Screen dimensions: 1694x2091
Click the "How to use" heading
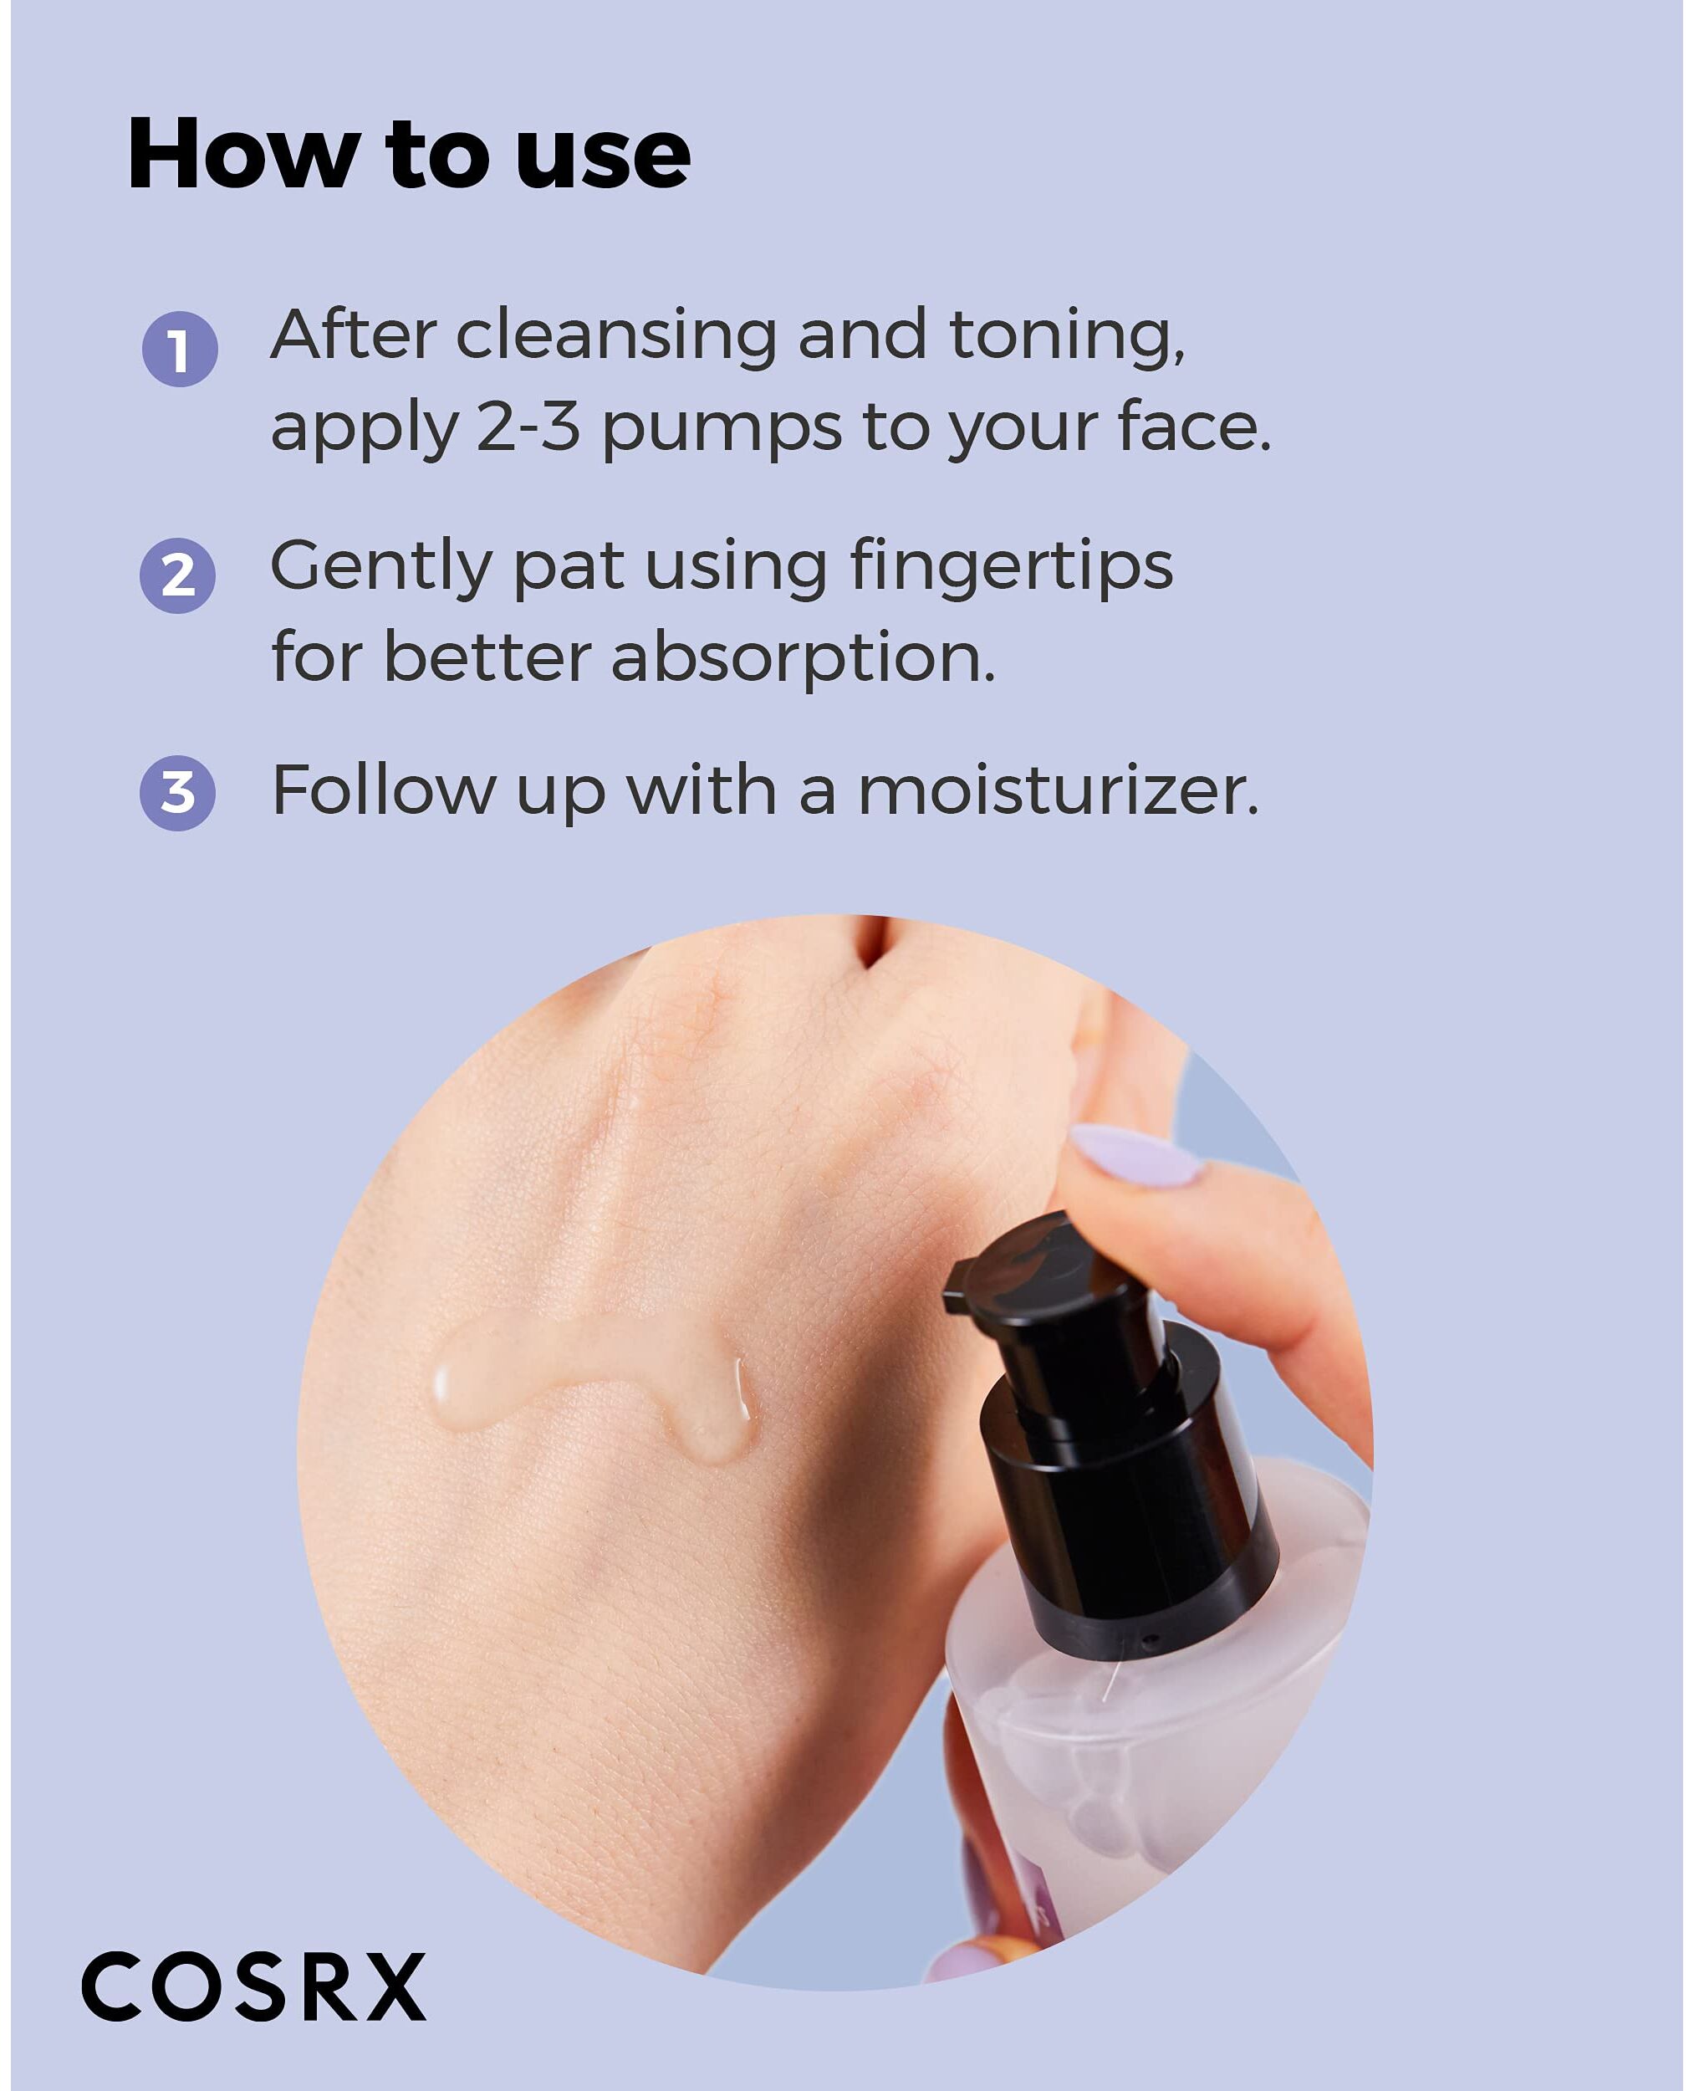click(x=409, y=153)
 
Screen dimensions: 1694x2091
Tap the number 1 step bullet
click(x=180, y=350)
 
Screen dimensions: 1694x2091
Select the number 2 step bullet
click(x=177, y=576)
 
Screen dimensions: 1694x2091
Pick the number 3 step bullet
click(x=177, y=794)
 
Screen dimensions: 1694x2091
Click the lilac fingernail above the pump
click(x=1135, y=1156)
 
